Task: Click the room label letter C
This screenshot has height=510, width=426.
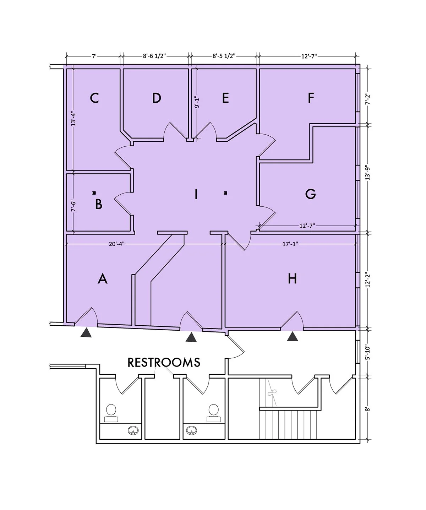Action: coord(94,98)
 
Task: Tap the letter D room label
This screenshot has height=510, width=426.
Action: coord(157,98)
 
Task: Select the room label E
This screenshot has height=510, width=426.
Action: coord(225,98)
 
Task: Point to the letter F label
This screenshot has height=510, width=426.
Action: coord(311,98)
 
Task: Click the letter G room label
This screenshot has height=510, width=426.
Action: coord(311,194)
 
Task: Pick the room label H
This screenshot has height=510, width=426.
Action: coord(292,279)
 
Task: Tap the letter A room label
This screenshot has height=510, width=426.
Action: coord(102,279)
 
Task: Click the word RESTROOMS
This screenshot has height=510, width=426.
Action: coord(164,362)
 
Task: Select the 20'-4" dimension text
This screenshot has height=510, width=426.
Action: coord(117,244)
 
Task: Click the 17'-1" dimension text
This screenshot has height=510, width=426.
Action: coord(290,244)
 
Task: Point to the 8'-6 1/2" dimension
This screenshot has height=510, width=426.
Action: coord(154,56)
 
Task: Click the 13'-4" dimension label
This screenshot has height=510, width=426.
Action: coord(73,119)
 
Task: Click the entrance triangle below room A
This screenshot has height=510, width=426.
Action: coord(86,333)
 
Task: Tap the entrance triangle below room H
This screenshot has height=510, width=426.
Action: coord(292,337)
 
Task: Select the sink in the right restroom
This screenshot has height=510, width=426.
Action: coord(192,430)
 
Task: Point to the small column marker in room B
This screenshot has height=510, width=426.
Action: coord(94,193)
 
